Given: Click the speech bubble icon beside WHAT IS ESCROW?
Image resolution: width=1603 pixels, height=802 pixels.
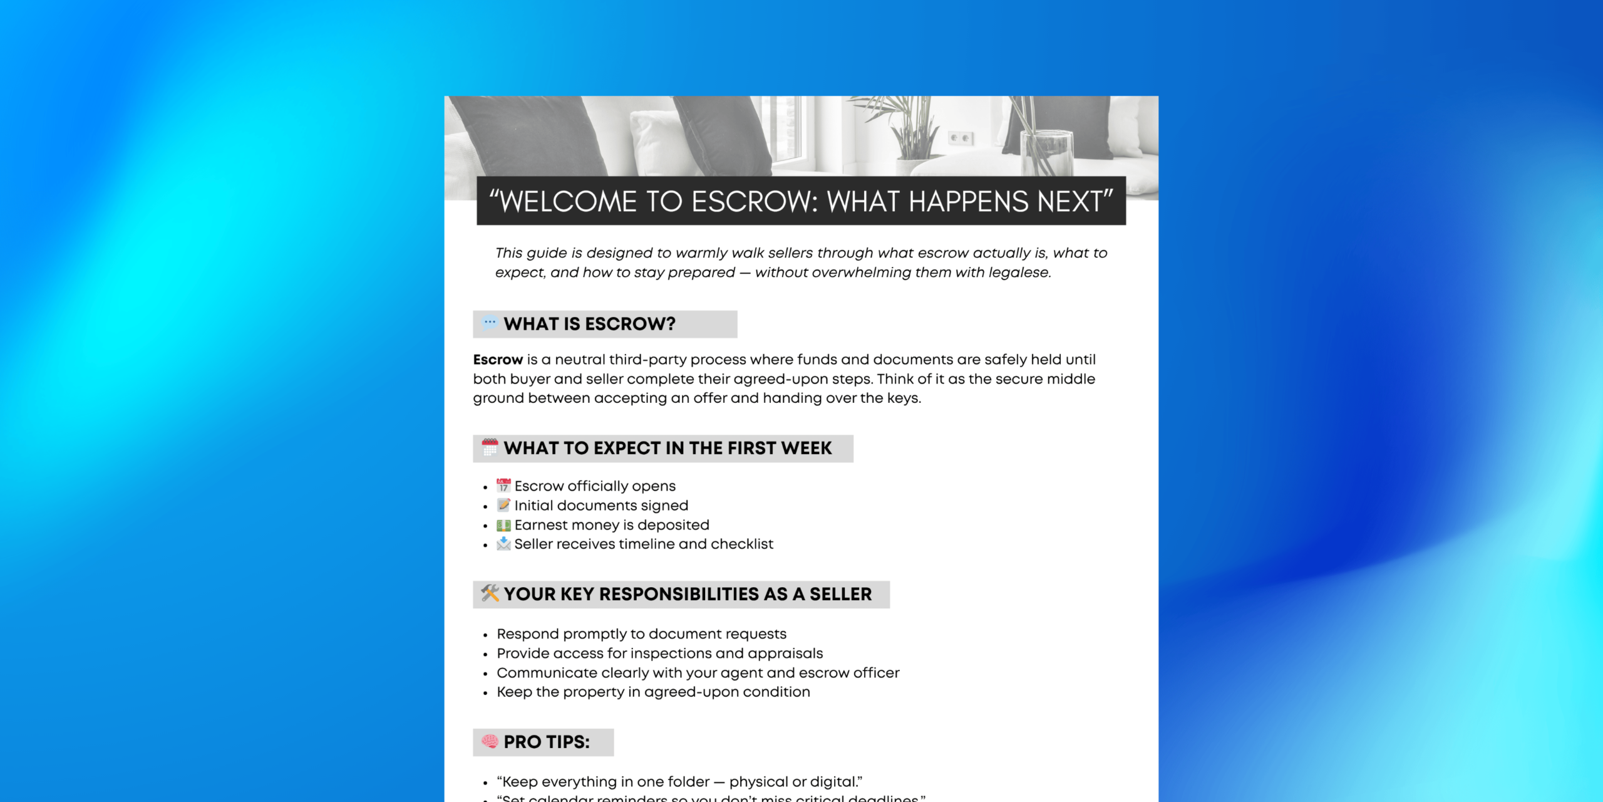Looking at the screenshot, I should coord(490,323).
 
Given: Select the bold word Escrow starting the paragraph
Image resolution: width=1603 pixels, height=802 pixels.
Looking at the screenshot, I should coord(498,360).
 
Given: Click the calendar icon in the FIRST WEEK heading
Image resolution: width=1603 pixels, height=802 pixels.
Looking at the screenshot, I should coord(490,447).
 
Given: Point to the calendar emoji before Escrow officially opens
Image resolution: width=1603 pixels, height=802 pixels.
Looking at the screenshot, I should coord(503,486).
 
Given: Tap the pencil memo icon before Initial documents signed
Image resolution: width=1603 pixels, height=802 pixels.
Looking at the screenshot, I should coord(503,505).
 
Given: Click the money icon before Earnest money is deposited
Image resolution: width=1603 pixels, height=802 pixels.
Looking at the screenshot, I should coord(503,525).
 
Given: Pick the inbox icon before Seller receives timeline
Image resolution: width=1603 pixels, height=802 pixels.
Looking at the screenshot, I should coord(503,544).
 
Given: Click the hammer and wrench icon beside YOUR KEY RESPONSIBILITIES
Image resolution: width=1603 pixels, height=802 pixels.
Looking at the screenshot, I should coord(490,593).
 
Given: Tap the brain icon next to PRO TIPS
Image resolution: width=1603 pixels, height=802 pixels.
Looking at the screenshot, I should coord(490,741).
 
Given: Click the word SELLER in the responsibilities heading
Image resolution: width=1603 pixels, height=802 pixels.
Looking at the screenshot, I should coord(840,594).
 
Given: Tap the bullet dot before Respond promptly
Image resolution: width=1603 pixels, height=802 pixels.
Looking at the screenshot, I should coord(485,635).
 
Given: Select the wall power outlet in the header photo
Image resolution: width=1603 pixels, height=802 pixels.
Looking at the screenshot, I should coord(961,138).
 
